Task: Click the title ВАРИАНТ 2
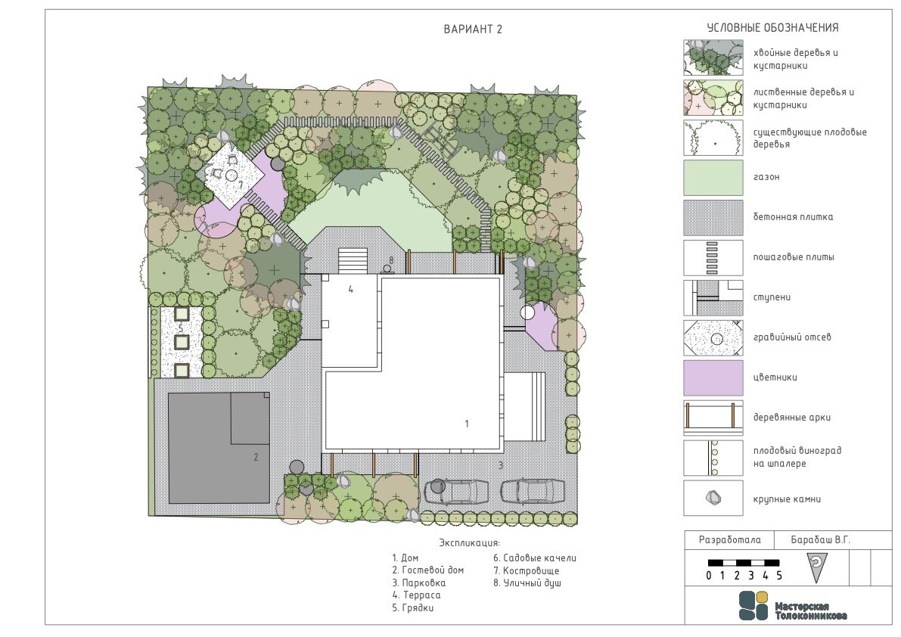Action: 473,30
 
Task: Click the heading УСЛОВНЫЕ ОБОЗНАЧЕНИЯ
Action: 772,27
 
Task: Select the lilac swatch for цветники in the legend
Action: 713,378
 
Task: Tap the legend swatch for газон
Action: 713,178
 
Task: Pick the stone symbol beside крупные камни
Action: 713,498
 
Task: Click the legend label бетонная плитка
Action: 792,217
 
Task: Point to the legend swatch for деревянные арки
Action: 713,418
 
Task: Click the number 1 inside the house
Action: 467,424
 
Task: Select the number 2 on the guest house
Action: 256,457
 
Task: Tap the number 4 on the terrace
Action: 350,290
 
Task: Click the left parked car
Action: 457,492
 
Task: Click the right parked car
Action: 532,492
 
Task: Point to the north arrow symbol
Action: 816,567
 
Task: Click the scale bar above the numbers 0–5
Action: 744,563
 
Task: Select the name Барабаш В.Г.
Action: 820,540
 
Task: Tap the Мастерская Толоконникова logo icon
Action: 753,605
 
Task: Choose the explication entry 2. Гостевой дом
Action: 427,570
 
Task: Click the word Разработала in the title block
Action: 729,540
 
